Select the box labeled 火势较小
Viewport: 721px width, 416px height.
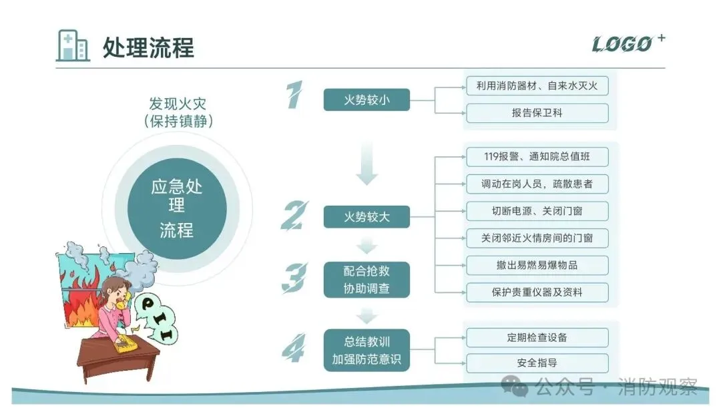click(x=367, y=100)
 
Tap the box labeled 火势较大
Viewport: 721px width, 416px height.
click(x=367, y=216)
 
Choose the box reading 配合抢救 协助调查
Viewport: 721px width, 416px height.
click(x=367, y=279)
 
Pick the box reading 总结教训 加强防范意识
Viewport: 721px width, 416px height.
click(x=367, y=350)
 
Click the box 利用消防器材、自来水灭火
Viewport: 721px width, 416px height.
click(x=537, y=85)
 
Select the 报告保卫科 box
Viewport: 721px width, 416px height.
click(x=537, y=113)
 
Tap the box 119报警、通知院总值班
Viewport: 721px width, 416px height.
click(x=537, y=157)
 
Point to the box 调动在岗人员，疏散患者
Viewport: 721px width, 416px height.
click(x=537, y=184)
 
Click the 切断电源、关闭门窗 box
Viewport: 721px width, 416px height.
click(x=537, y=211)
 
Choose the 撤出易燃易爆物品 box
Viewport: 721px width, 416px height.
click(x=537, y=265)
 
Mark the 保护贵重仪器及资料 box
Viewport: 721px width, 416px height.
click(x=537, y=292)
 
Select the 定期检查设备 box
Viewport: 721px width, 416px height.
click(x=537, y=337)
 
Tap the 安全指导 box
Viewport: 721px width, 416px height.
click(x=537, y=363)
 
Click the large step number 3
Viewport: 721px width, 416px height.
click(x=294, y=278)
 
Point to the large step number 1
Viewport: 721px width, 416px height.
click(x=294, y=95)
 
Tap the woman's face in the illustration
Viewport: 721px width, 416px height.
click(x=115, y=293)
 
